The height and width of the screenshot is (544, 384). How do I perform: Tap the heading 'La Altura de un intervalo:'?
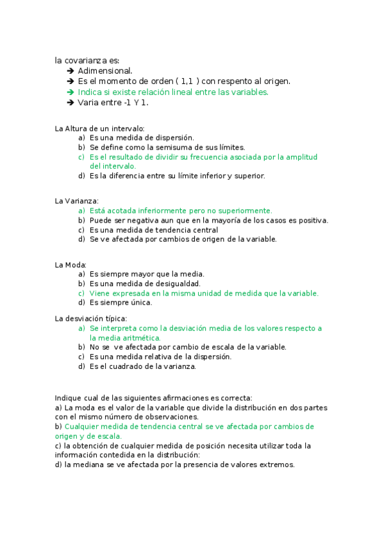tap(99, 128)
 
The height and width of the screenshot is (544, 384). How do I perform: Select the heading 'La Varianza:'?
tap(77, 201)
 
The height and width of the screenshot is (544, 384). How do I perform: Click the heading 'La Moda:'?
tap(71, 264)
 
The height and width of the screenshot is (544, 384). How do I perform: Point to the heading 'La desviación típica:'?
tap(91, 319)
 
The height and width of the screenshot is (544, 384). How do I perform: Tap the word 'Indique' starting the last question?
tap(69, 398)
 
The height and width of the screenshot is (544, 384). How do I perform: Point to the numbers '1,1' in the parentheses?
tap(187, 81)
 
